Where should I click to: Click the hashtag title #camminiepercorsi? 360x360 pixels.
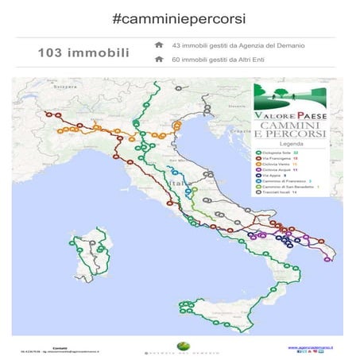179,17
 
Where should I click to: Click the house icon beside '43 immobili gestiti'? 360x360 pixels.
159,45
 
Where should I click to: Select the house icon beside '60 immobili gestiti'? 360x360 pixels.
159,60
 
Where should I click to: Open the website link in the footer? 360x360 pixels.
309,346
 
